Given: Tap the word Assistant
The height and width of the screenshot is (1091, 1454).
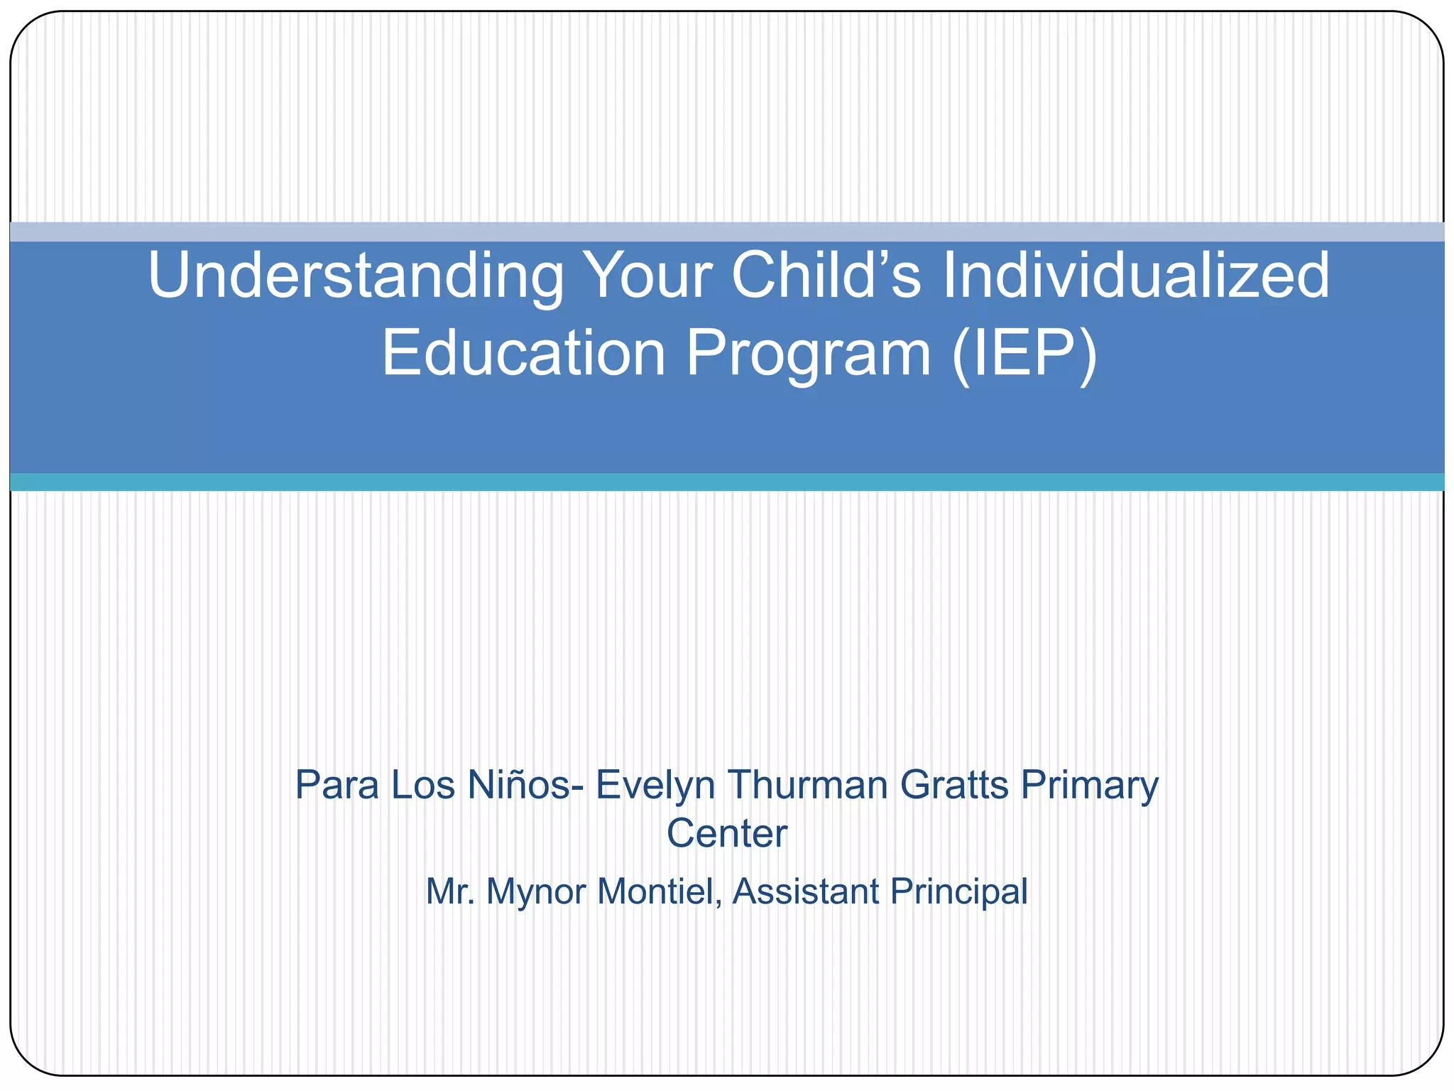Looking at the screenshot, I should (805, 891).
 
